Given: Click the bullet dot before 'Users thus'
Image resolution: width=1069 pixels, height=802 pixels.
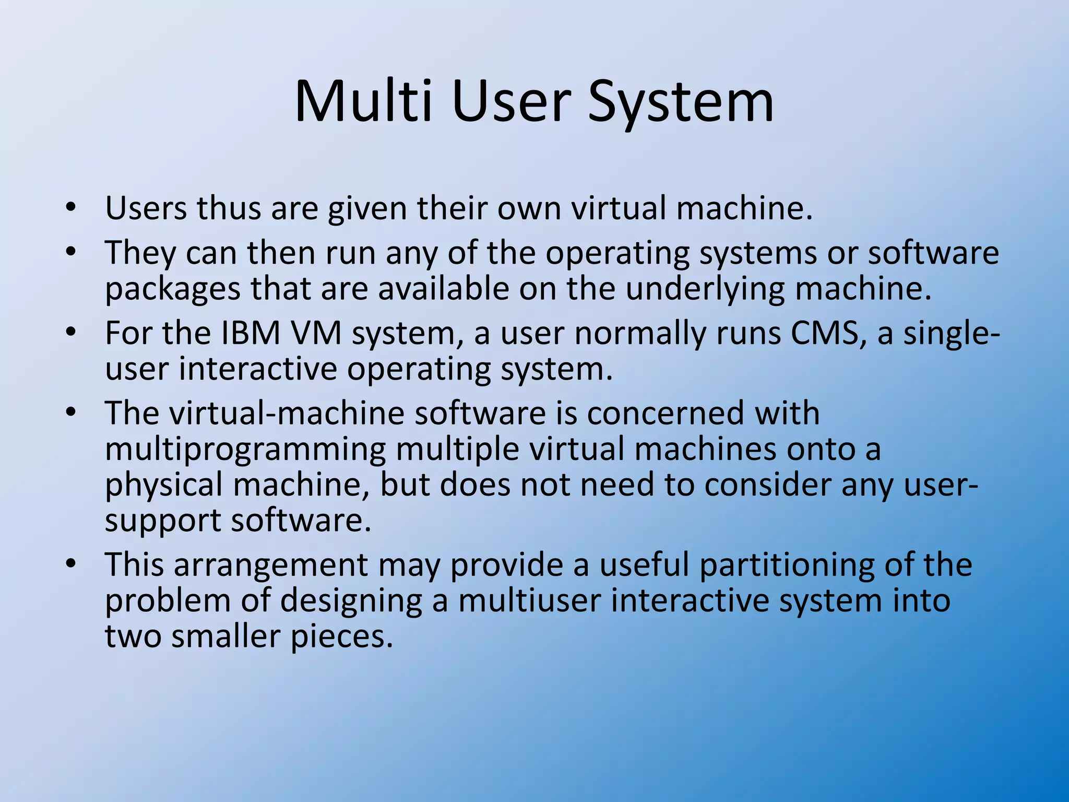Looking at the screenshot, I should pyautogui.click(x=71, y=208).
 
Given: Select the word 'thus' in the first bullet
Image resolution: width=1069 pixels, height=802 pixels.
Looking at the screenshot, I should pyautogui.click(x=228, y=208).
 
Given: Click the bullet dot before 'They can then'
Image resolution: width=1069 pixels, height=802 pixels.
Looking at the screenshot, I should pyautogui.click(x=71, y=253).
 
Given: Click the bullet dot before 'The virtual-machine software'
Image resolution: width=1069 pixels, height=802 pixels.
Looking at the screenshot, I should pyautogui.click(x=71, y=413).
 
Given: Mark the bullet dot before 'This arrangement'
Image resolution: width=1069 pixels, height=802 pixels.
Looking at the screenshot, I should pyautogui.click(x=71, y=565).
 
